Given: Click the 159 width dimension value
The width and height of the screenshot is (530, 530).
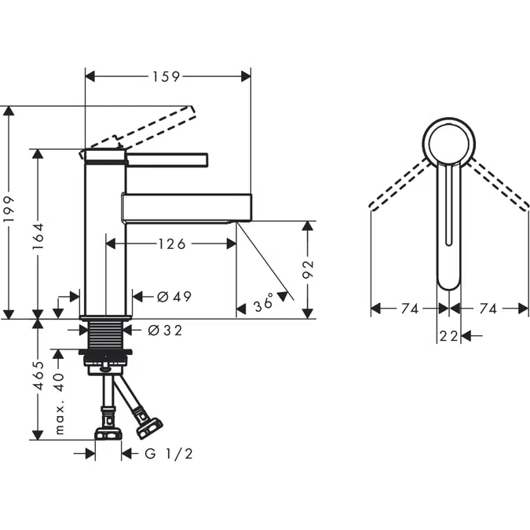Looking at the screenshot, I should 166,76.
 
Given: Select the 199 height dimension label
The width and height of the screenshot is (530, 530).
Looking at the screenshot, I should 9,210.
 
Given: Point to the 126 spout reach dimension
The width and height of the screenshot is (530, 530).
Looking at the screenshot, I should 171,244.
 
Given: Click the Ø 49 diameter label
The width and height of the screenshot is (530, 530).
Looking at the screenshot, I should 174,297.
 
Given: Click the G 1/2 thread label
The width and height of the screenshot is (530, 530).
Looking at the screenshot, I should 169,453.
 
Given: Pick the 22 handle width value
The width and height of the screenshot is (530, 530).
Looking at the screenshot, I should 448,336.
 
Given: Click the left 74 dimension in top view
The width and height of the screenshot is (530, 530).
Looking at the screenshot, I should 409,309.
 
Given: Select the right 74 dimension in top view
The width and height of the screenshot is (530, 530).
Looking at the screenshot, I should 488,309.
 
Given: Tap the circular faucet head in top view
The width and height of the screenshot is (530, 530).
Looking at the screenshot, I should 449,142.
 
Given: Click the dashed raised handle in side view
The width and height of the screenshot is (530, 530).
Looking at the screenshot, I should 149,126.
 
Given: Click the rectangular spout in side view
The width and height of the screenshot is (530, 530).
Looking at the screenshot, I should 187,207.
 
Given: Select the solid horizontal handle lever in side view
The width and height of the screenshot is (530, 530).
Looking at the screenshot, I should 166,160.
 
